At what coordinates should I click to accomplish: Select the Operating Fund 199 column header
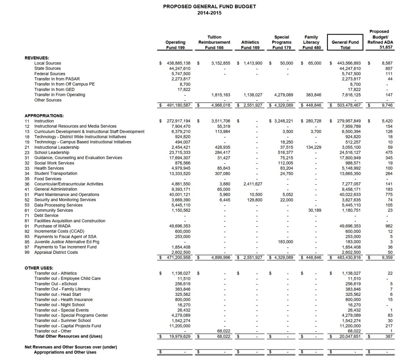pos(175,45)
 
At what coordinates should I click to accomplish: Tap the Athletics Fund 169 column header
pos(250,45)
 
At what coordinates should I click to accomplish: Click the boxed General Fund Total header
pos(345,45)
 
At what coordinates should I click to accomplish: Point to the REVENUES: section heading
pos(37,58)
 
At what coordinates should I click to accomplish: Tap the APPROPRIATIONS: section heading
pos(44,116)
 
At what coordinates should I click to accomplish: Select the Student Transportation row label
pos(56,174)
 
